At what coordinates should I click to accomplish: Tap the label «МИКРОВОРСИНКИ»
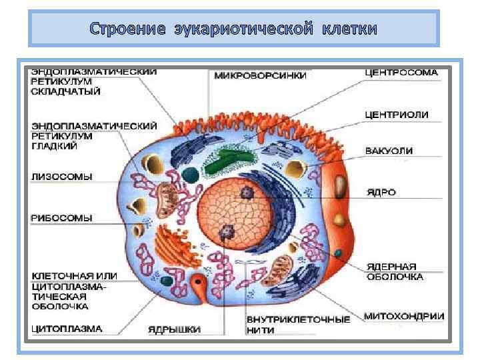tap(260, 75)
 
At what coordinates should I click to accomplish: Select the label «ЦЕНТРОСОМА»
tap(401, 72)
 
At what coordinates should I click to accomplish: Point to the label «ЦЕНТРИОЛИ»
tap(396, 115)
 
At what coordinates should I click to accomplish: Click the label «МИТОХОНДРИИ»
tap(404, 316)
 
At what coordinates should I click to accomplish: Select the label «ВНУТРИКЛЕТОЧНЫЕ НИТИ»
tap(297, 324)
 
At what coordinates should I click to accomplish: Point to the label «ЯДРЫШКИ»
tap(174, 329)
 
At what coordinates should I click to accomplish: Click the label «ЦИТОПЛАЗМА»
tap(67, 328)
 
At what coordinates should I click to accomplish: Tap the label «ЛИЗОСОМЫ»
tap(61, 177)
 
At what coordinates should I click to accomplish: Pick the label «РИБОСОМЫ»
tap(61, 217)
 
